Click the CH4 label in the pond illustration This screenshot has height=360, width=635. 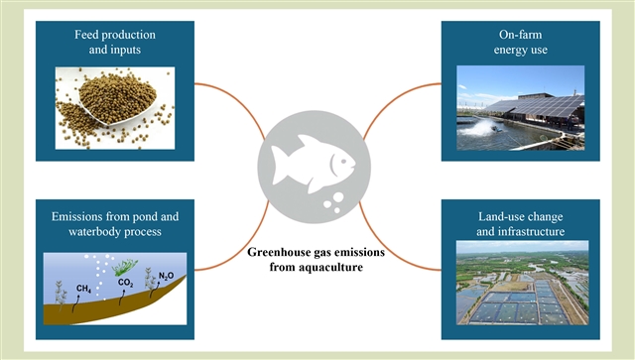(83, 289)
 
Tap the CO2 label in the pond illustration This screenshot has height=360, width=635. (126, 283)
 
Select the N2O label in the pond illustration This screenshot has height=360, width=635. (166, 276)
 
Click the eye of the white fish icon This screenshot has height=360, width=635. (343, 162)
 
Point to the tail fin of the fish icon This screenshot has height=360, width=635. (280, 166)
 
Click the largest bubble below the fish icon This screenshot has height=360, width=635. (337, 197)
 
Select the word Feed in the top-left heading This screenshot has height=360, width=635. (84, 35)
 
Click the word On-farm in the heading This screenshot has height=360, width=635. (520, 35)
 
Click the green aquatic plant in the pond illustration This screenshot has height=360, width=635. (125, 267)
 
